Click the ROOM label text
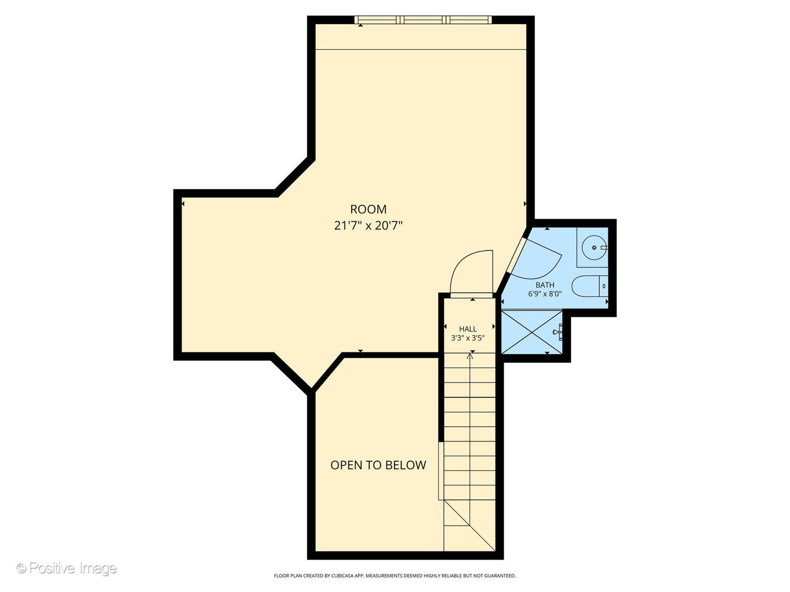[368, 209]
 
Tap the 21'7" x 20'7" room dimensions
[368, 225]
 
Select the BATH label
[545, 285]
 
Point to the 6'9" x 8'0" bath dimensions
[545, 294]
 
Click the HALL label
[468, 329]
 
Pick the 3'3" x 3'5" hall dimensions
[468, 338]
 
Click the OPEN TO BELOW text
[378, 465]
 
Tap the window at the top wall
[422, 20]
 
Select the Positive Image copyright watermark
[66, 568]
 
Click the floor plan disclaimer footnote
[394, 576]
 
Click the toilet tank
[603, 286]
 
